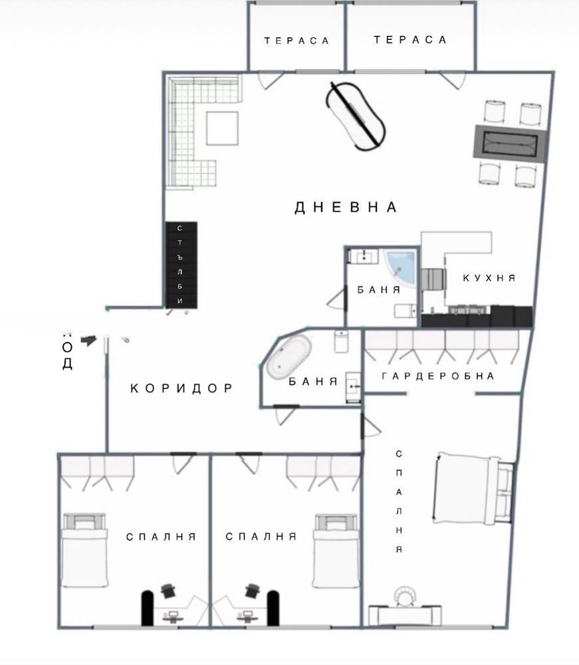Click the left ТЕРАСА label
(x=296, y=41)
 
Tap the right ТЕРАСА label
(x=410, y=40)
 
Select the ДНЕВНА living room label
(x=346, y=207)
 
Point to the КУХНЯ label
(x=489, y=278)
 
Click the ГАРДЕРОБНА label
(x=439, y=376)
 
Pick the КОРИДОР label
(x=181, y=388)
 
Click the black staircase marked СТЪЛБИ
(x=181, y=265)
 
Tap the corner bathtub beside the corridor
(x=289, y=359)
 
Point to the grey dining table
(x=511, y=142)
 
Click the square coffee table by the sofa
(x=222, y=128)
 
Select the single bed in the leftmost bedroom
(x=84, y=550)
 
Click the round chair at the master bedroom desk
(x=404, y=596)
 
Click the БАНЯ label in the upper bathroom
(x=378, y=290)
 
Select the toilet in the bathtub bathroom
(x=342, y=342)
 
